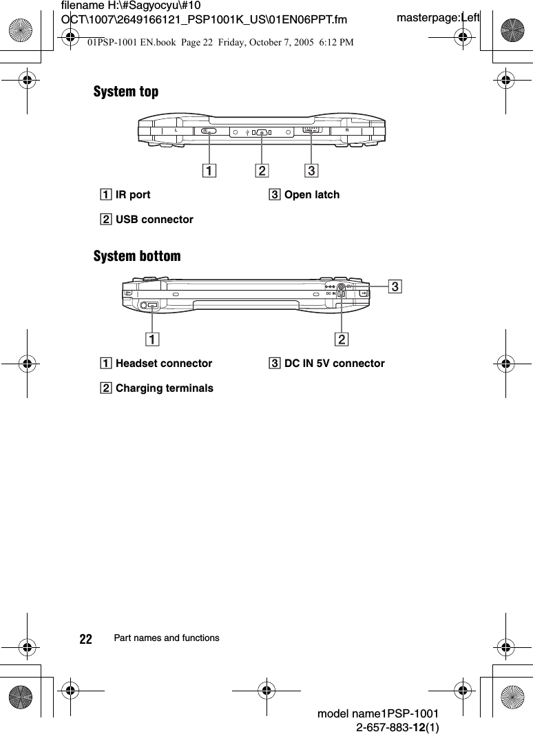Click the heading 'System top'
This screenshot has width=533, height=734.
click(x=126, y=92)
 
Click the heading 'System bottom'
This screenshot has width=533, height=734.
click(x=137, y=256)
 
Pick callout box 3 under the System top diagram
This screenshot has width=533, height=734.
click(x=311, y=170)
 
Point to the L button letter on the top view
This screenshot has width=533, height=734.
click(x=176, y=130)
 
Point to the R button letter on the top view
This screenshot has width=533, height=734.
click(x=347, y=130)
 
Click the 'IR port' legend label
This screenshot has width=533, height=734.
click(x=133, y=195)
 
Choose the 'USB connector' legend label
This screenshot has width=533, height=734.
click(x=154, y=220)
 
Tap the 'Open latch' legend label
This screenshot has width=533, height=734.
click(x=311, y=195)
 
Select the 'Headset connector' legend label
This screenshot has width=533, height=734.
click(x=164, y=363)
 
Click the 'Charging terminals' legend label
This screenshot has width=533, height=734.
click(x=164, y=388)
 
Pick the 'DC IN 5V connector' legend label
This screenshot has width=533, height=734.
click(x=334, y=363)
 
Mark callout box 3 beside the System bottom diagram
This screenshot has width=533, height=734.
click(x=395, y=284)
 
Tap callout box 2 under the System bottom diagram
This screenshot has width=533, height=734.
click(x=342, y=338)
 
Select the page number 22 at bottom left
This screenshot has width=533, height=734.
click(x=86, y=639)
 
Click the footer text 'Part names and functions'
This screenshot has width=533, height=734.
click(x=167, y=638)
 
